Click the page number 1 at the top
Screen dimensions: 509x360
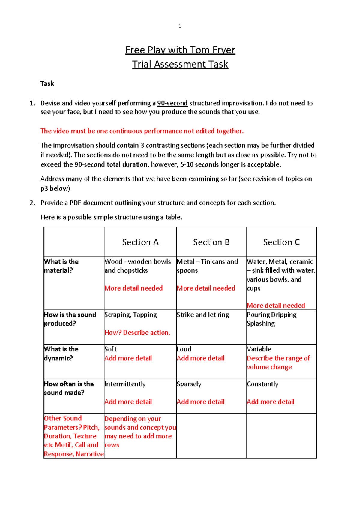(x=180, y=26)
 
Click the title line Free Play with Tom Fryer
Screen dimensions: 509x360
(x=180, y=50)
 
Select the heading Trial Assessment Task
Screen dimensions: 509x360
(x=180, y=64)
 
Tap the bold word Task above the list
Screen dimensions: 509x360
(x=47, y=83)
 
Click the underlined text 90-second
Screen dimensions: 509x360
(x=172, y=103)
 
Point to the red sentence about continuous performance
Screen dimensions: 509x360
(x=142, y=131)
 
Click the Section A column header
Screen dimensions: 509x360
(x=140, y=242)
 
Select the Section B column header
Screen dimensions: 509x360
(x=211, y=242)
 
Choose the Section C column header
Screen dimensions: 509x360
(x=281, y=242)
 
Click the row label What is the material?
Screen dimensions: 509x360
(x=61, y=266)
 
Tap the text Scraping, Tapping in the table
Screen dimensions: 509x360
(x=130, y=315)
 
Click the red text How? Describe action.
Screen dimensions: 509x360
(x=137, y=333)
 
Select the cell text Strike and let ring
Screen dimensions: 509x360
(x=203, y=315)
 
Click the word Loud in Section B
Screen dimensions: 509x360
(x=184, y=349)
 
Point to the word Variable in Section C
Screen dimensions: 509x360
(x=259, y=349)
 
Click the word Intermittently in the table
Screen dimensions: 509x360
(x=125, y=384)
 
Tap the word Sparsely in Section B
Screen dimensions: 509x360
(x=189, y=384)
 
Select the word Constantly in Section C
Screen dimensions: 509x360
(x=262, y=384)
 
